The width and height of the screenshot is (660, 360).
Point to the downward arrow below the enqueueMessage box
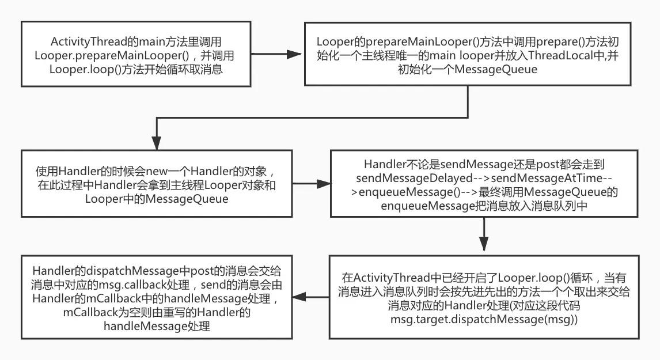[484, 236]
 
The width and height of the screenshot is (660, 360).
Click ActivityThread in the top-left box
[86, 42]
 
